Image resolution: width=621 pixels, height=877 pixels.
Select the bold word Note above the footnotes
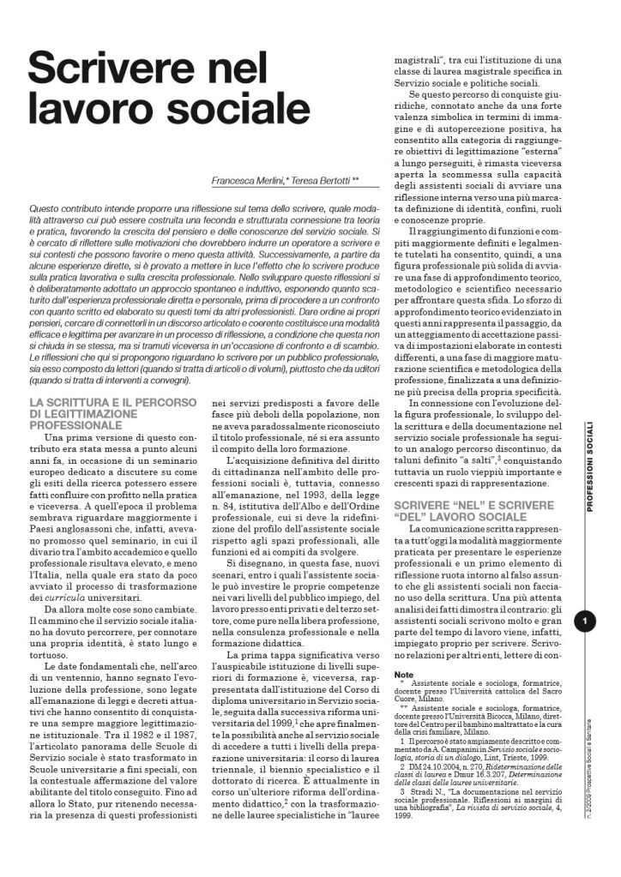(x=403, y=675)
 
